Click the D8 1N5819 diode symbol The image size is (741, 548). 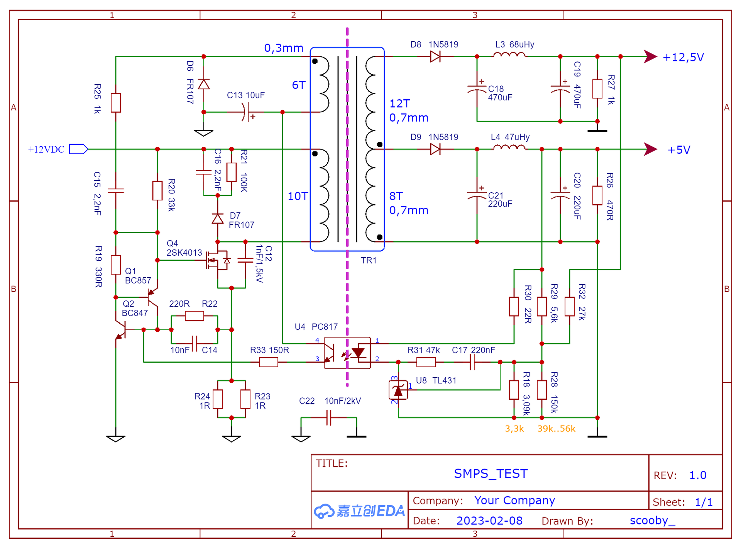pos(435,57)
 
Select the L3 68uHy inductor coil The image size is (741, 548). pos(509,55)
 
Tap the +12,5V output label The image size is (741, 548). pos(683,58)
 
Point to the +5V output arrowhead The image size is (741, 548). pos(650,149)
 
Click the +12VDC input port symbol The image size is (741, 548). pos(78,149)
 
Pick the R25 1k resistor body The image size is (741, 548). pos(116,103)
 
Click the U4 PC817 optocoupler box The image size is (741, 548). pos(347,353)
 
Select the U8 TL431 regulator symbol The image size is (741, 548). pos(398,390)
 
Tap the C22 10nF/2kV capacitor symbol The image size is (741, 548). pos(329,418)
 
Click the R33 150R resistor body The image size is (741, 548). pos(269,362)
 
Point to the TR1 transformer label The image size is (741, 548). pos(369,261)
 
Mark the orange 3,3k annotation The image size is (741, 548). pos(514,429)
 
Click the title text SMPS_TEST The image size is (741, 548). pos(491,474)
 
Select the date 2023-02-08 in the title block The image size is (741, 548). pos(489,521)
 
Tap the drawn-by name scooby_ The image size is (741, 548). pos(652,521)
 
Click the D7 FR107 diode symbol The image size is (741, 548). pos(218,219)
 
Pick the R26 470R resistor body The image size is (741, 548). pos(597,195)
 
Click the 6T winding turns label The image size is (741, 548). pos(299,85)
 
